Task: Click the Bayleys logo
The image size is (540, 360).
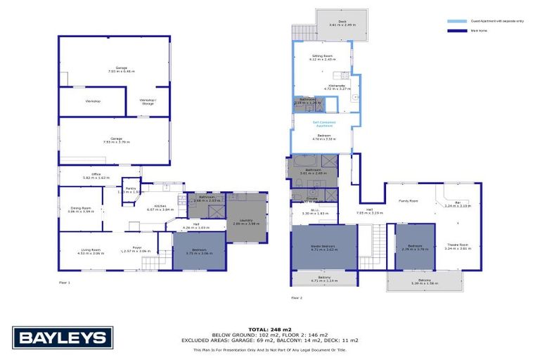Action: click(63, 338)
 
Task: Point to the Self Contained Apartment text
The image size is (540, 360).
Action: click(324, 123)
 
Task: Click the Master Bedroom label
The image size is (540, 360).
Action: click(324, 245)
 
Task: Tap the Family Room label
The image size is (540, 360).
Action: click(409, 201)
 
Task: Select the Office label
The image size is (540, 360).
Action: click(96, 176)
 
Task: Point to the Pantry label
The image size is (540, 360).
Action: click(131, 188)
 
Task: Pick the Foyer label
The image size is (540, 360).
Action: click(138, 247)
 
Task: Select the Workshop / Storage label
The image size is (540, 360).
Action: click(148, 101)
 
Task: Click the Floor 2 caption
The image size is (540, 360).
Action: click(297, 297)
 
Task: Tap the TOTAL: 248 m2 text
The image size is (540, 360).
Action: click(269, 329)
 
